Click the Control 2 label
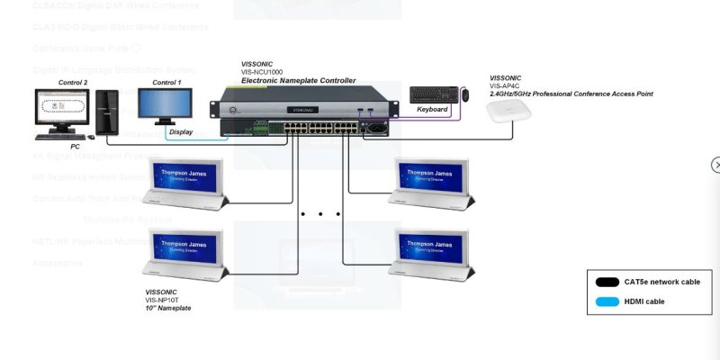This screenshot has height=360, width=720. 73,83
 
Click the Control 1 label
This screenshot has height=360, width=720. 166,83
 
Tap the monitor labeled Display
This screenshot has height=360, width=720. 164,106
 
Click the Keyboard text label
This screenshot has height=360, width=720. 432,109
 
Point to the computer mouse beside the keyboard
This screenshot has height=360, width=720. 465,94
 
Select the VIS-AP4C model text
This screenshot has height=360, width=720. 505,86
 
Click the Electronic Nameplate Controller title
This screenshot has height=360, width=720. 298,81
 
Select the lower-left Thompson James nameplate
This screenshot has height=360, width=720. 186,252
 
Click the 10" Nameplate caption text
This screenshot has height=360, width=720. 168,308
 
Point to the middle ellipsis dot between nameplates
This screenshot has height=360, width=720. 320,214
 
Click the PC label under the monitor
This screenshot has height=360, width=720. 76,146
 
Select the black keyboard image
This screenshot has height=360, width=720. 432,94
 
